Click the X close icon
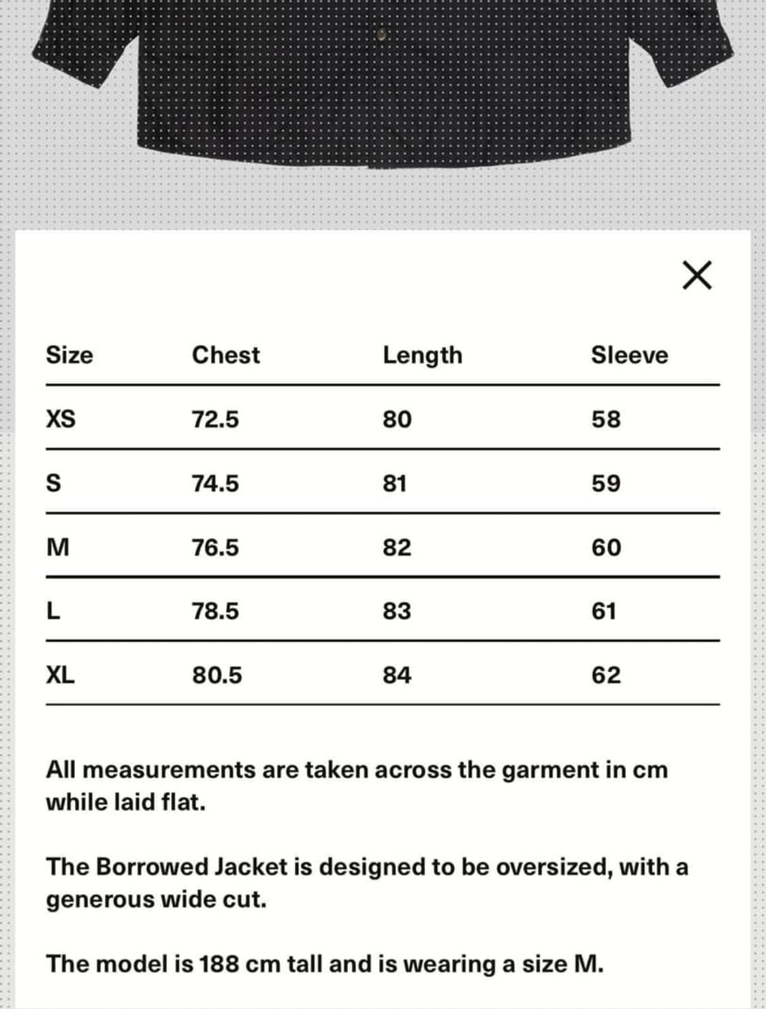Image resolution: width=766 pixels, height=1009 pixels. point(697,275)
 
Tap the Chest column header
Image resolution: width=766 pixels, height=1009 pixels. point(225,355)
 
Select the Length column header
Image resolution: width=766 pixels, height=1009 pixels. point(422,355)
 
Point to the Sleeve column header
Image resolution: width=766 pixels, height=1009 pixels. point(629,355)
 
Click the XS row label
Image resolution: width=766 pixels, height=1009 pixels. point(61,419)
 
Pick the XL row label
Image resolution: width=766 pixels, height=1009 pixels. point(60,675)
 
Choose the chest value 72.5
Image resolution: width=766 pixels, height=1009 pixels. point(215,419)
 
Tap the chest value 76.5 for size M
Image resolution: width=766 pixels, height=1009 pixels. point(215,547)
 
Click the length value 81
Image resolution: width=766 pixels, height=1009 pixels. point(395,483)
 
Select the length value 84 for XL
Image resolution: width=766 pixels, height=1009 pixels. point(397,675)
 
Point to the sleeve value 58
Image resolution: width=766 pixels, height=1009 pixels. point(606,419)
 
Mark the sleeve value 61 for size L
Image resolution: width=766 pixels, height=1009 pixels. point(604,611)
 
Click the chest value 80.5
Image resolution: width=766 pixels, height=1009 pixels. point(217,675)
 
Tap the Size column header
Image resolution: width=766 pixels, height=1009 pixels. point(69,355)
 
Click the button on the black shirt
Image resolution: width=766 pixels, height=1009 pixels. point(381,33)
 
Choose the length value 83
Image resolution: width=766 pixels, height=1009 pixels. point(397,611)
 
